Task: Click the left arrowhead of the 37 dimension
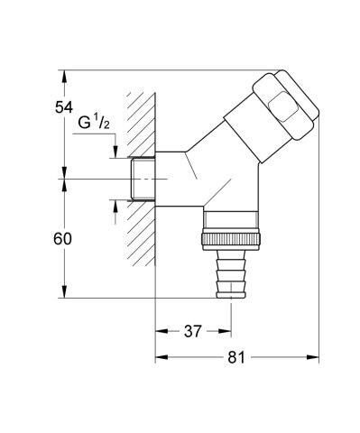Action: (x=161, y=331)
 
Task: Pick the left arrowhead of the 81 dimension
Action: (x=161, y=357)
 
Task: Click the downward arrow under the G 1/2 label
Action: (x=115, y=152)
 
